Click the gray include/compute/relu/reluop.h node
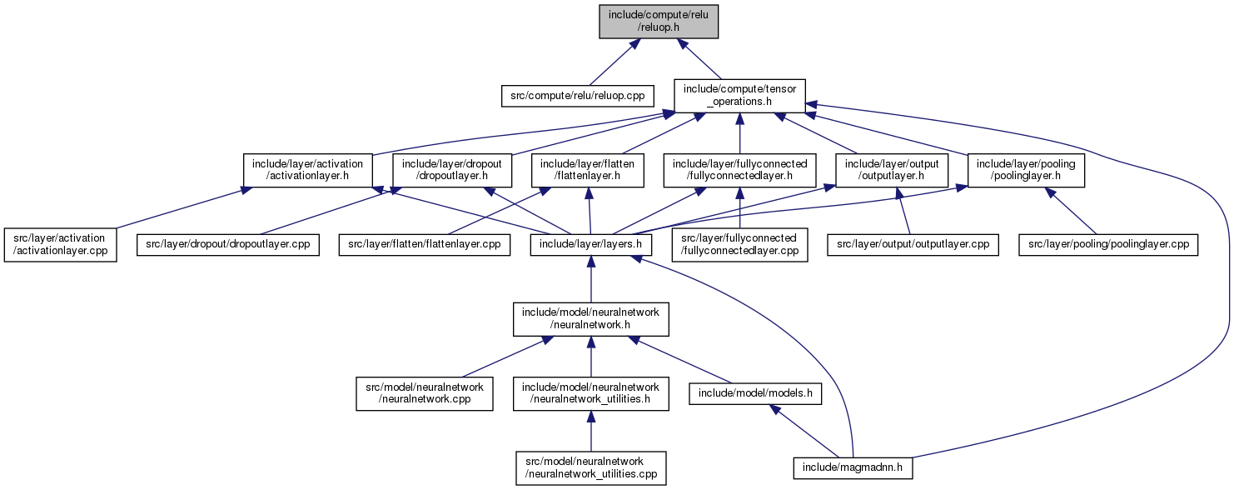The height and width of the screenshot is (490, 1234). tap(659, 22)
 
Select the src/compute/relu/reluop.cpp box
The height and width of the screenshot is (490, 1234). tap(577, 96)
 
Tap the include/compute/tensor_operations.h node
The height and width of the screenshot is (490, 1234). tap(740, 96)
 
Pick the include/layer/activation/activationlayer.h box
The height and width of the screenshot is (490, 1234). tap(307, 170)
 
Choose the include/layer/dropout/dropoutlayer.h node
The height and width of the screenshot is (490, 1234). tap(452, 170)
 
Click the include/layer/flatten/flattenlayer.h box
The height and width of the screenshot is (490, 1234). tap(587, 170)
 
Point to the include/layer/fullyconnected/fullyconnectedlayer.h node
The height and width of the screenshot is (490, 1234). tap(740, 170)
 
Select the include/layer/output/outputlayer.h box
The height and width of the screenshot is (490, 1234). tap(892, 170)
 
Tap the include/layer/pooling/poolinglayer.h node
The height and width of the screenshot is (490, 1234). tap(1026, 170)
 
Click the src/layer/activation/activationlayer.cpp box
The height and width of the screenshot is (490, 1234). tap(60, 245)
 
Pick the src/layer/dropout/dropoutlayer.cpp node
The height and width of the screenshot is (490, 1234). tap(228, 244)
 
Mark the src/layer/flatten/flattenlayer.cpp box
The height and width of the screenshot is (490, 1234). tap(424, 244)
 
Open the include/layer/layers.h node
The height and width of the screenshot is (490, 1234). tap(591, 244)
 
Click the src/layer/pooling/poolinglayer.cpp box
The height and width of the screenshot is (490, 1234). tap(1108, 244)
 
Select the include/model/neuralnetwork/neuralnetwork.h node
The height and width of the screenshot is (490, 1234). tap(591, 319)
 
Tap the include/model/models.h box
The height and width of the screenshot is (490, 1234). tap(755, 393)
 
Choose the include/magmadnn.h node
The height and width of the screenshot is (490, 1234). tap(853, 468)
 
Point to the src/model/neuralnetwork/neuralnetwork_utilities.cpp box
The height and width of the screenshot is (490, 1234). tap(591, 468)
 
